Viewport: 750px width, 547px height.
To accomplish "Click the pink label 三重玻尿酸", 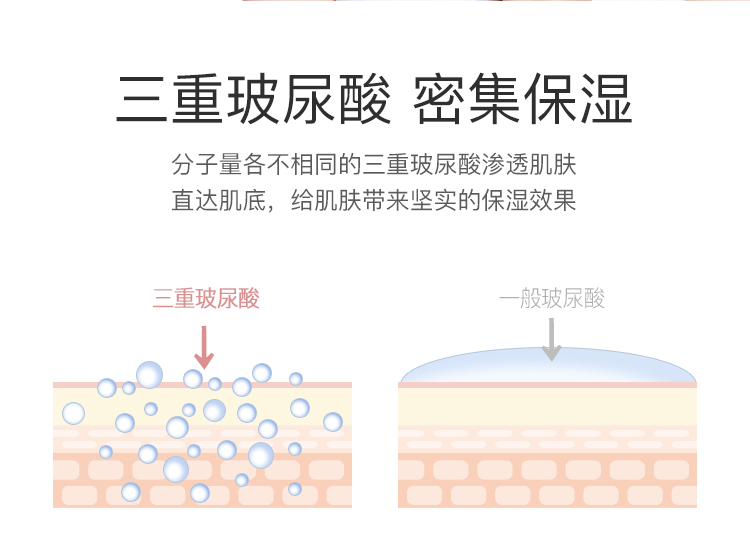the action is (206, 298).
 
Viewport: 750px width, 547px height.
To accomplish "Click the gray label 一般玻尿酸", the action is (552, 298).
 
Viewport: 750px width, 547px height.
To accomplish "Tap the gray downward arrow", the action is (551, 339).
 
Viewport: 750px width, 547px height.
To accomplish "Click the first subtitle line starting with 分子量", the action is (374, 163).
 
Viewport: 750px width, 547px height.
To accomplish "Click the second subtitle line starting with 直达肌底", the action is (374, 200).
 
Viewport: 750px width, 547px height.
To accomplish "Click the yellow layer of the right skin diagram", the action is (547, 405).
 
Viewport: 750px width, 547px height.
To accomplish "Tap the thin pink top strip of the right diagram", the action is (547, 384).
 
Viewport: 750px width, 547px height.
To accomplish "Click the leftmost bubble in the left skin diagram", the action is (73, 413).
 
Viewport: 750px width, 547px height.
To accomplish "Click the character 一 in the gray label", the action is (510, 299).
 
